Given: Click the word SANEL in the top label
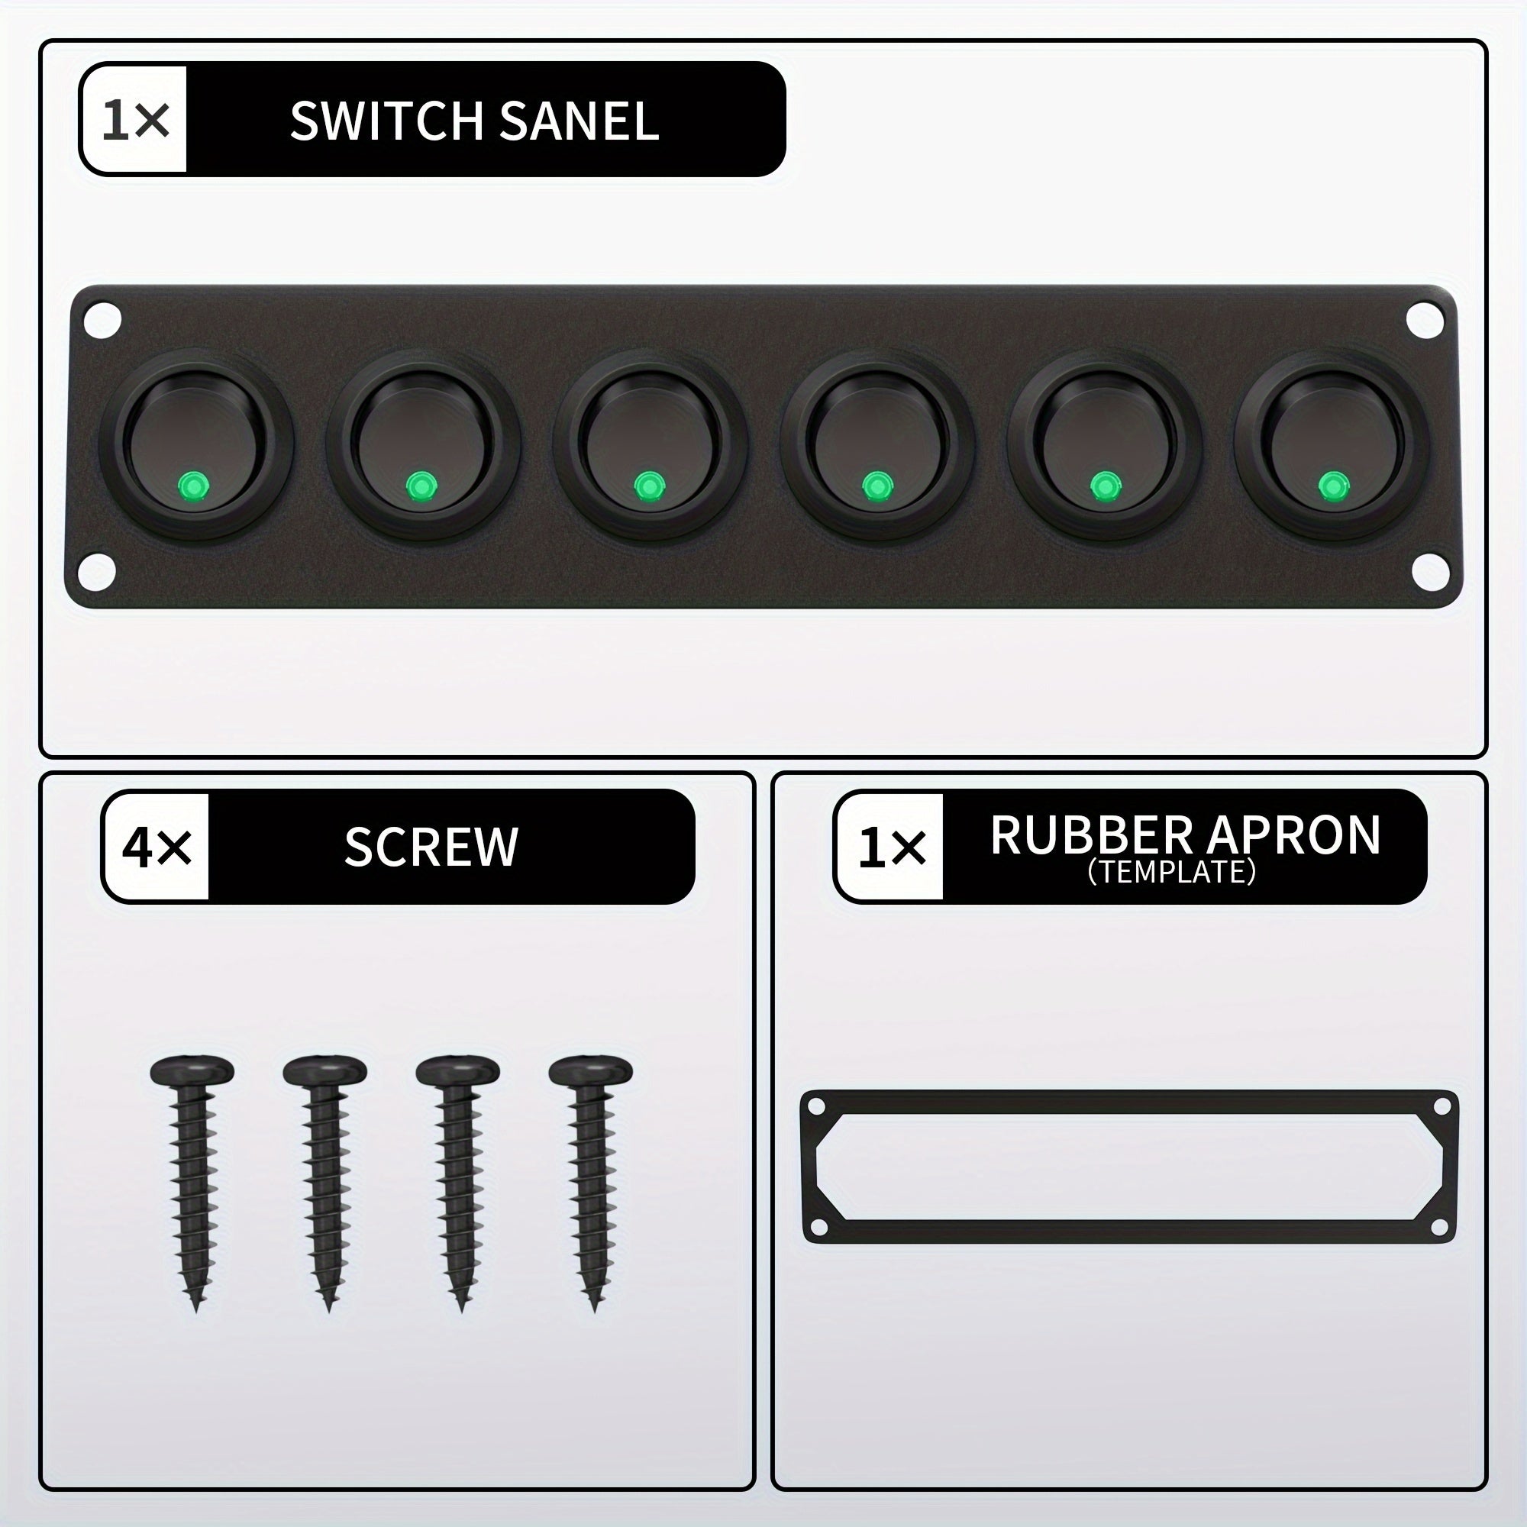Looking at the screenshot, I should pyautogui.click(x=579, y=121).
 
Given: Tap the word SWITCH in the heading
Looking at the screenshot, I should pyautogui.click(x=386, y=121).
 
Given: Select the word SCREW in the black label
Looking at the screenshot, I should pyautogui.click(x=431, y=847).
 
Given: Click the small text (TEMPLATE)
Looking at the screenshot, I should pyautogui.click(x=1171, y=872).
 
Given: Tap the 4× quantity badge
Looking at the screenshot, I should pyautogui.click(x=157, y=847).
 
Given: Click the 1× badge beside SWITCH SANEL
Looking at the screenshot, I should pyautogui.click(x=135, y=121).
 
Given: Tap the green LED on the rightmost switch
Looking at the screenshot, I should pyautogui.click(x=1332, y=486).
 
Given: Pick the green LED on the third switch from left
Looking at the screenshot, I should pyautogui.click(x=649, y=486).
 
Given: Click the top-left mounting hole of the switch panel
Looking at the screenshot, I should pyautogui.click(x=103, y=320).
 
